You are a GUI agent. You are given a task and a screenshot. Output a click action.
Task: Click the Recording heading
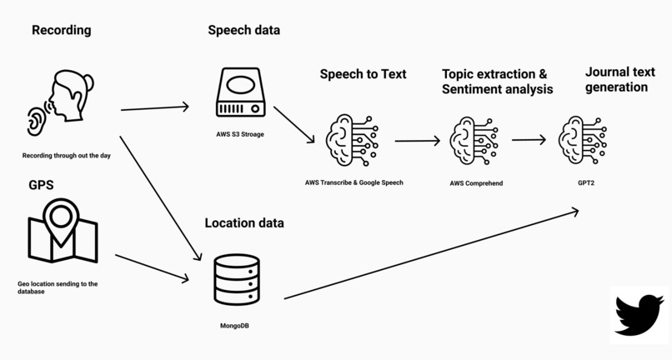tap(61, 31)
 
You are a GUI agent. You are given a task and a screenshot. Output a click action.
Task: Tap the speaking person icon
tap(60, 102)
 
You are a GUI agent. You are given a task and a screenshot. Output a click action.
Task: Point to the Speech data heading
tap(243, 31)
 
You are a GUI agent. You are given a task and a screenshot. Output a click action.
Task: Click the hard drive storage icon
tap(240, 92)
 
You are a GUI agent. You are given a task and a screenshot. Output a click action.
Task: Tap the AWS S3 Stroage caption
tap(239, 133)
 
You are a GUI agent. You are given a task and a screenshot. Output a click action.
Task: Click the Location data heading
tap(243, 223)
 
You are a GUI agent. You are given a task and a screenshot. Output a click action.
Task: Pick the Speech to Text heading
tap(363, 74)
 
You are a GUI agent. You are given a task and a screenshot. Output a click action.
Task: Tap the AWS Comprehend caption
tap(476, 182)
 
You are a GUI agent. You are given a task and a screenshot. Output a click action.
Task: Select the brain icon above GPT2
tap(582, 138)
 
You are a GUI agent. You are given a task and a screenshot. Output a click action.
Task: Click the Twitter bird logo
tap(639, 315)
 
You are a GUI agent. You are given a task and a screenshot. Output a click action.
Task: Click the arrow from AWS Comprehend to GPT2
tap(529, 140)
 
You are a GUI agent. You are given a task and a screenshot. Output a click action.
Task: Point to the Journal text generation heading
tap(617, 79)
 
